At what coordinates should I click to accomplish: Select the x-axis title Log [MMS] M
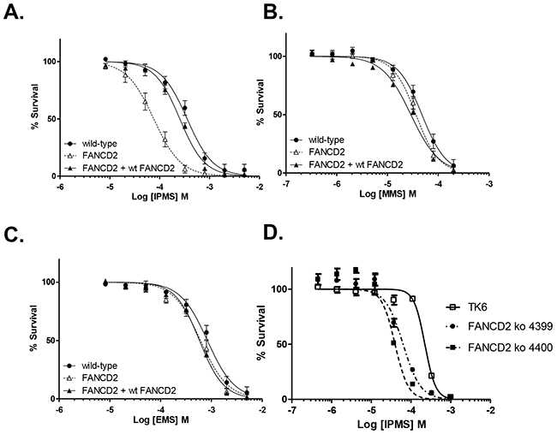pos(388,193)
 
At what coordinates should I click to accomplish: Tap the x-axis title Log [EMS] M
pos(161,419)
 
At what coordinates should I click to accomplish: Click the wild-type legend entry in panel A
pos(91,144)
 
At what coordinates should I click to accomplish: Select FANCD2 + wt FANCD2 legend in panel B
pos(347,165)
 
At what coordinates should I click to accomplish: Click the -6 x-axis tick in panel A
pos(60,187)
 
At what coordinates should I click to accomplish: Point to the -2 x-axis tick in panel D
pos(490,410)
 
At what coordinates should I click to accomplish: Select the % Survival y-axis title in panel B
pos(261,102)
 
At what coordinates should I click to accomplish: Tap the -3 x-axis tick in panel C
pos(212,409)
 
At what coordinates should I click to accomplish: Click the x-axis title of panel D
pos(392,424)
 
